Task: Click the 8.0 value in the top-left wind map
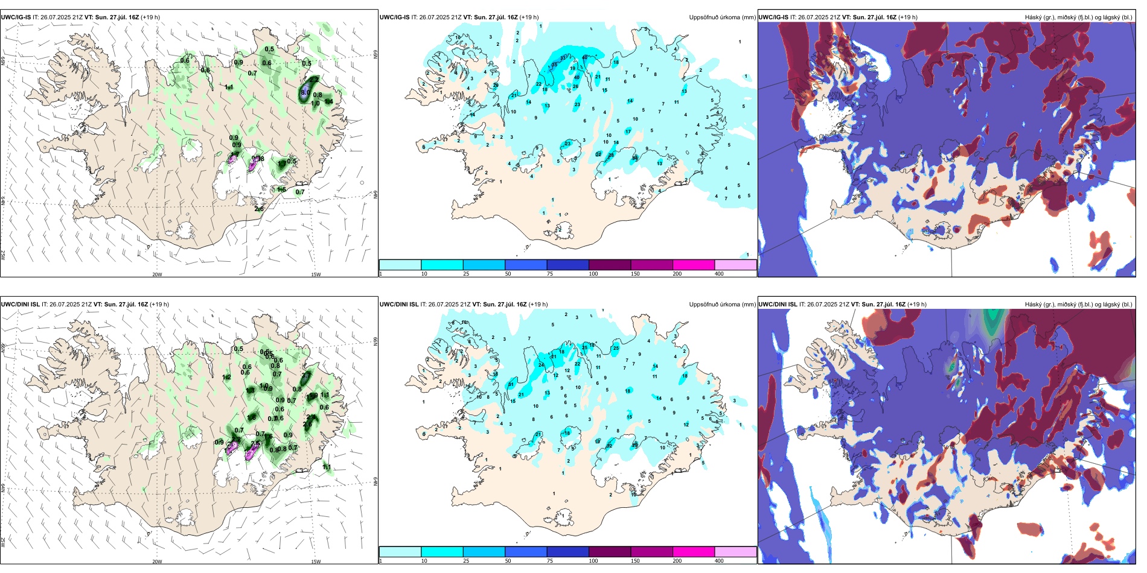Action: pyautogui.click(x=305, y=92)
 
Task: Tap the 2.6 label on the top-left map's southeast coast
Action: pyautogui.click(x=259, y=209)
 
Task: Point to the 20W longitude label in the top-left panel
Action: pyautogui.click(x=157, y=274)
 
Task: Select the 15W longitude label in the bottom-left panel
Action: pyautogui.click(x=316, y=562)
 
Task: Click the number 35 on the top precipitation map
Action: pyautogui.click(x=555, y=65)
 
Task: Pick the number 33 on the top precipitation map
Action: pyautogui.click(x=563, y=58)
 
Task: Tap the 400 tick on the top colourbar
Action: pyautogui.click(x=719, y=274)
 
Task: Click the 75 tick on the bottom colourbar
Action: pyautogui.click(x=550, y=561)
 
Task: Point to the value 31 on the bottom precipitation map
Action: pyautogui.click(x=511, y=384)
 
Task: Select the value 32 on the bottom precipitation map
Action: pyautogui.click(x=609, y=446)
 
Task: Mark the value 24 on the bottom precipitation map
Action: pyautogui.click(x=542, y=365)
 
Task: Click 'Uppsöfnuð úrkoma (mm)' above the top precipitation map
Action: pyautogui.click(x=722, y=17)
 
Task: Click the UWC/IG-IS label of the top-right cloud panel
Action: pyautogui.click(x=773, y=17)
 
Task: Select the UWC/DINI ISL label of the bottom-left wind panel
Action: pyautogui.click(x=20, y=305)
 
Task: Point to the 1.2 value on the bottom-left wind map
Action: pyautogui.click(x=227, y=377)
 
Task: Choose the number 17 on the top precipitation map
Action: pyautogui.click(x=628, y=131)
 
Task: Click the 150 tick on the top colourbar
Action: pyautogui.click(x=635, y=274)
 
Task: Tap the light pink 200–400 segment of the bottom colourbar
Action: pyautogui.click(x=735, y=551)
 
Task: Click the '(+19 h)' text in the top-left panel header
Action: pyautogui.click(x=150, y=17)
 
